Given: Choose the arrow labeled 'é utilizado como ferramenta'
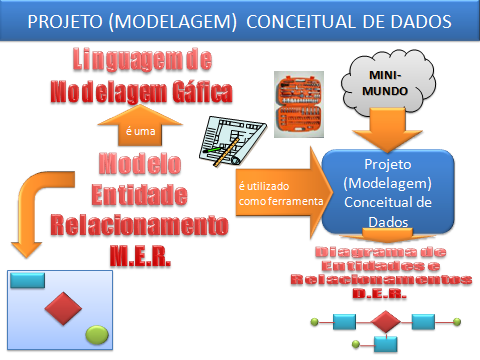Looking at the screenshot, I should tap(281, 193).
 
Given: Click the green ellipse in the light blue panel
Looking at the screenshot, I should tap(97, 332).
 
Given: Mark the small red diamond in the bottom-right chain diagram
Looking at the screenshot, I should tap(385, 322).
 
